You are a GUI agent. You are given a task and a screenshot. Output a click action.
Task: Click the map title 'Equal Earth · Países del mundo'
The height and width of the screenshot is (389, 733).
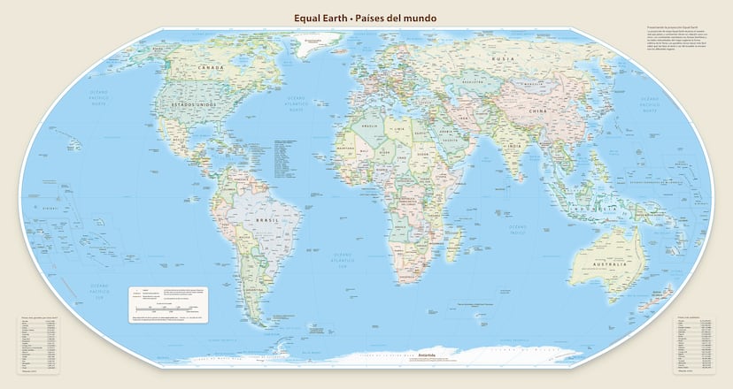pyautogui.click(x=366, y=17)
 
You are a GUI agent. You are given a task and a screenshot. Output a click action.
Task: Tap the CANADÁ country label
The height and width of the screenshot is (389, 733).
pyautogui.click(x=211, y=68)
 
